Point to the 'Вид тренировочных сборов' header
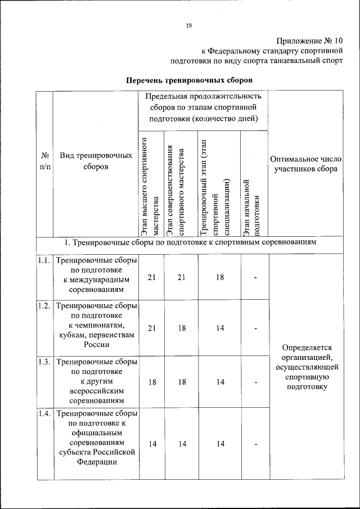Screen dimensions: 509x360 click(96, 161)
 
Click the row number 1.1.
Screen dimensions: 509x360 click(44, 261)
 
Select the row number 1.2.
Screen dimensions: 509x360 click(44, 306)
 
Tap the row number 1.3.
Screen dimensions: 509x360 click(44, 362)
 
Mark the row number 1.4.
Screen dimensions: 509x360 click(44, 415)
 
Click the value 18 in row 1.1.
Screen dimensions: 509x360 click(220, 276)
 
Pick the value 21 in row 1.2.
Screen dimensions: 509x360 click(151, 329)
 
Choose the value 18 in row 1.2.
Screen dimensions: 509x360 click(181, 329)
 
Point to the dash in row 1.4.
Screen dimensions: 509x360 click(255, 444)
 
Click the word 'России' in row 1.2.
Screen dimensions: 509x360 click(96, 345)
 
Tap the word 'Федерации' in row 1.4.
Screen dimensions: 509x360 click(96, 462)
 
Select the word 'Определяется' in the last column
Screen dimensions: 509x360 click(306, 347)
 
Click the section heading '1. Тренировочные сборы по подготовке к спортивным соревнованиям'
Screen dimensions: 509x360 click(189, 242)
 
